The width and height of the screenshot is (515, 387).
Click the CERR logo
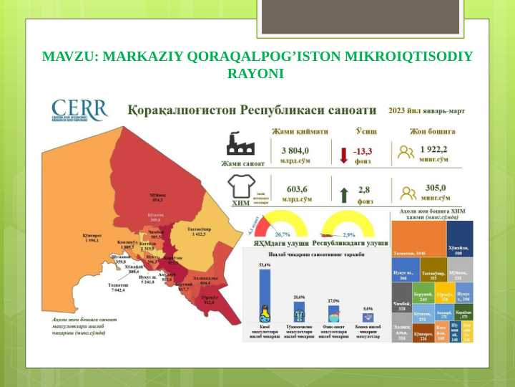tap(79, 110)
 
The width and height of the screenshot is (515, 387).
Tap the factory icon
tap(240, 143)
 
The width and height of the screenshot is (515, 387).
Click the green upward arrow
tap(343, 194)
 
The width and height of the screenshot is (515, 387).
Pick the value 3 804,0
tap(295, 150)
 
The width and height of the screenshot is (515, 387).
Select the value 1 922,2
tap(433, 150)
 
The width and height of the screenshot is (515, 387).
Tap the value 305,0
tap(435, 188)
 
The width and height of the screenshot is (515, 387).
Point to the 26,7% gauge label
tap(283, 234)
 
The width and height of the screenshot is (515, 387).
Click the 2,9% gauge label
tap(349, 234)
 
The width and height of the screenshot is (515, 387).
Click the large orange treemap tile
tap(419, 240)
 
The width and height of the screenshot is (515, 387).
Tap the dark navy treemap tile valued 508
tap(459, 238)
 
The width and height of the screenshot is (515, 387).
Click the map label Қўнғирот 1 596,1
tap(94, 238)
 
